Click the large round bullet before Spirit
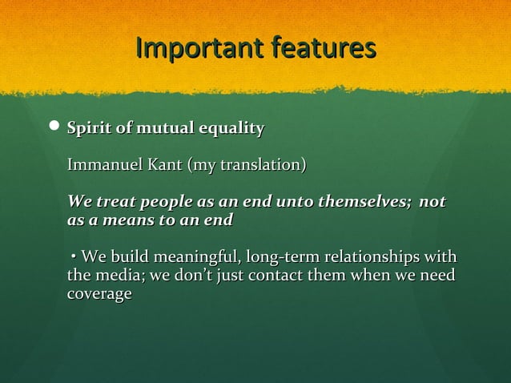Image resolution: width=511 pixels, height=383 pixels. [54, 128]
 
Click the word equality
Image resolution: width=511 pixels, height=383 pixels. [231, 128]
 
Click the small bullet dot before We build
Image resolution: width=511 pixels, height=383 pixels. [73, 257]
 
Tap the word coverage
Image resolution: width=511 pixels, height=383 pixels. [99, 295]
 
